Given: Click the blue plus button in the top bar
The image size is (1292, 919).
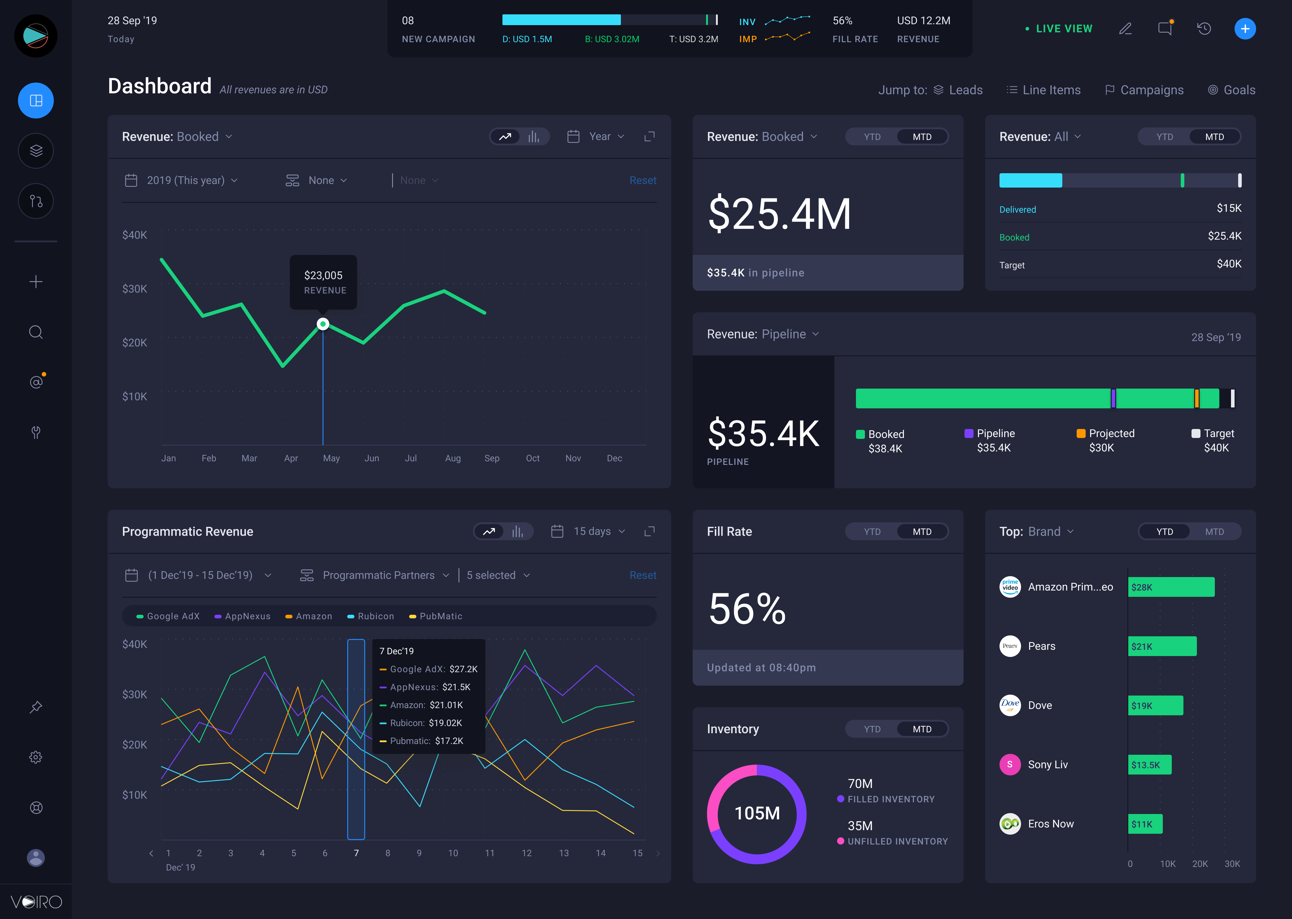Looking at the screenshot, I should pos(1244,29).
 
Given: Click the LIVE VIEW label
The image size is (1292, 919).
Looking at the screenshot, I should pos(1064,29).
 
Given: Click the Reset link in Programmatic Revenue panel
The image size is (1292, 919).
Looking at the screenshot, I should pos(643,575).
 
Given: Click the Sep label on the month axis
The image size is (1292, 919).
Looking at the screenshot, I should pos(492,458).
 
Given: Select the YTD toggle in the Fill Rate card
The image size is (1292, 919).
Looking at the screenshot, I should pos(872,531).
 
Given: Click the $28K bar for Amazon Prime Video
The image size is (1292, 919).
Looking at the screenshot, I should pos(1171,587).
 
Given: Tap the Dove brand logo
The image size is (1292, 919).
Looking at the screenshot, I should pos(1010,705).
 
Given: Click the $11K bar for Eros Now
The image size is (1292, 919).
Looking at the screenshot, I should pos(1145,824).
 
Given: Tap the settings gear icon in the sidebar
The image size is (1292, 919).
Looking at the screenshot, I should pos(36,757).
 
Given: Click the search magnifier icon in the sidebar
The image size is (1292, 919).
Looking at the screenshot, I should pos(36,332).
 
